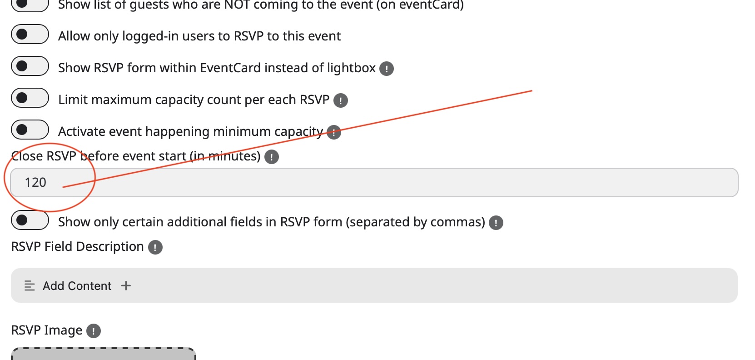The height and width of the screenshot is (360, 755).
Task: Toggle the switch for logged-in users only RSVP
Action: pyautogui.click(x=30, y=35)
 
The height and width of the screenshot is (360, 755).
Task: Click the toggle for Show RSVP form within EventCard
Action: pyautogui.click(x=30, y=66)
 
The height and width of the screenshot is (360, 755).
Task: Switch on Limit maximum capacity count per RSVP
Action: pyautogui.click(x=30, y=98)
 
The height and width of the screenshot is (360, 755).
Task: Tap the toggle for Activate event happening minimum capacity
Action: pyautogui.click(x=30, y=130)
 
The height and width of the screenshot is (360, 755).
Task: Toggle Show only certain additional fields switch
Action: pyautogui.click(x=30, y=220)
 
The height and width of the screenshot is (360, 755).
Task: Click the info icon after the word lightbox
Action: pyautogui.click(x=387, y=69)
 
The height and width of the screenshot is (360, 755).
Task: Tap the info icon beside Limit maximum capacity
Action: pyautogui.click(x=340, y=100)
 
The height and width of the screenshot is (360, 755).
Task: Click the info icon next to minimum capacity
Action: pyautogui.click(x=334, y=132)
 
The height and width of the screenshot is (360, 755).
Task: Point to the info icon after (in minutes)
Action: pyautogui.click(x=272, y=157)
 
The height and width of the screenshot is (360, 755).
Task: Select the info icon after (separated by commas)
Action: pyautogui.click(x=496, y=223)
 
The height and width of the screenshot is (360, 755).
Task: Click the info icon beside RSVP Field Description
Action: pyautogui.click(x=155, y=247)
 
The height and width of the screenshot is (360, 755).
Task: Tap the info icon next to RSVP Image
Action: pyautogui.click(x=94, y=331)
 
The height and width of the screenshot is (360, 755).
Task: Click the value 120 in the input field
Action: pyautogui.click(x=35, y=183)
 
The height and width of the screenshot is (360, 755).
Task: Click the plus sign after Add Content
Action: pyautogui.click(x=126, y=285)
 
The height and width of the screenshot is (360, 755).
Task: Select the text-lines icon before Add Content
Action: pyautogui.click(x=30, y=285)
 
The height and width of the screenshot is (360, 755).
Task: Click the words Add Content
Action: pyautogui.click(x=77, y=286)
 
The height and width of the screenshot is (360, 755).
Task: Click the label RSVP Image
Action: pyautogui.click(x=46, y=330)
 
